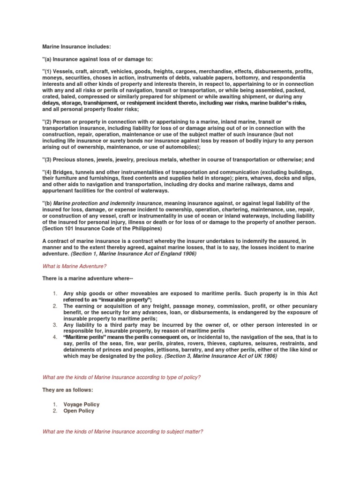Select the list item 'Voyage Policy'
point(82,404)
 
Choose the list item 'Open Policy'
point(79,411)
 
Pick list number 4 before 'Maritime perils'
point(54,337)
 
